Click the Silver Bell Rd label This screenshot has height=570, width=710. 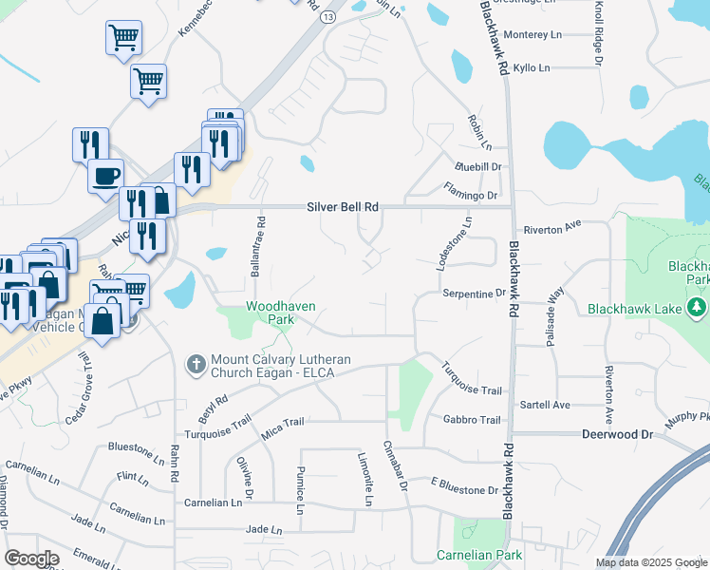[x=343, y=206]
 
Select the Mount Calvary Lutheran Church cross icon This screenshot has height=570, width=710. [x=196, y=364]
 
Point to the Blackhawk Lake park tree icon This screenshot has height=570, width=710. [x=697, y=308]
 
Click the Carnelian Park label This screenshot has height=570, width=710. [x=479, y=555]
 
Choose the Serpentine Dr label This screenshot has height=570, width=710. [x=474, y=294]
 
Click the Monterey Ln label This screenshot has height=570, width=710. [x=533, y=34]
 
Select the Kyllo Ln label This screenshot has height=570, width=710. [x=531, y=68]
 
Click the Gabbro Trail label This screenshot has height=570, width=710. [x=471, y=420]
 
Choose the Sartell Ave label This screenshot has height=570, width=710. [x=545, y=405]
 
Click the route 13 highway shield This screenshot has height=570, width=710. [x=328, y=17]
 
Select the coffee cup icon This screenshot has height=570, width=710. [x=105, y=175]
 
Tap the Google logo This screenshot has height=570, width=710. [x=30, y=559]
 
